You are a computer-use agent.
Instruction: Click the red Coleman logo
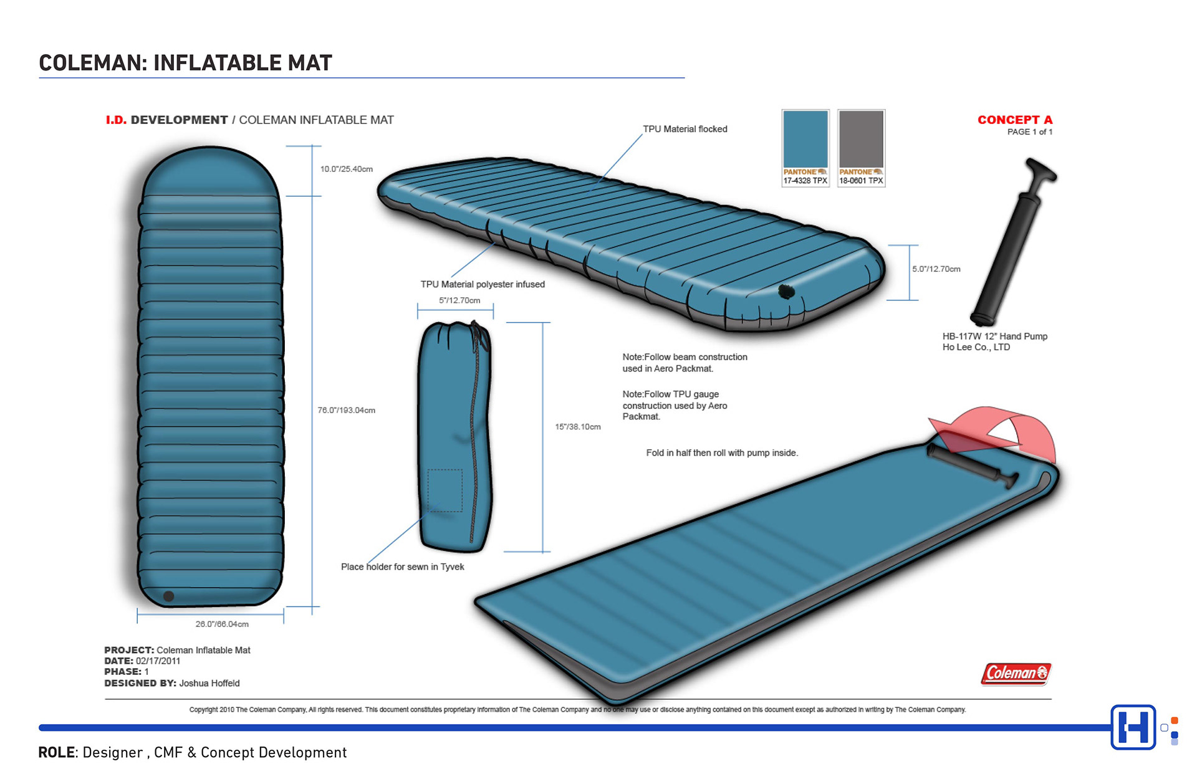click(1016, 673)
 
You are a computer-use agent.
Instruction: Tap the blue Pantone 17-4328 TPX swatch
click(805, 139)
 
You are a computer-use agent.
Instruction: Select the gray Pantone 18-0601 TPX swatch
click(861, 139)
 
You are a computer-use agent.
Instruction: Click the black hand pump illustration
click(1010, 243)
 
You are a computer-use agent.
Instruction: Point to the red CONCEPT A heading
click(1014, 120)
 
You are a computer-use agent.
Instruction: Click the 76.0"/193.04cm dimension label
click(346, 410)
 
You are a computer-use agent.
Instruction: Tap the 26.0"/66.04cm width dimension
click(222, 624)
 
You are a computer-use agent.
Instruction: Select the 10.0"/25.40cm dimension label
click(346, 169)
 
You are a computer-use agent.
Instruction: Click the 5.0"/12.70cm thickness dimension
click(936, 269)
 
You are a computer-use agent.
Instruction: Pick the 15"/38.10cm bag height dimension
click(577, 427)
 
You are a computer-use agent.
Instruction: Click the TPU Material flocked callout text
click(685, 129)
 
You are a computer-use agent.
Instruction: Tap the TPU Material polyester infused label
click(483, 284)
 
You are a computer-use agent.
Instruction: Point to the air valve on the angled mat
click(786, 291)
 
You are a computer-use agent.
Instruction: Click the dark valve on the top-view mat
click(168, 596)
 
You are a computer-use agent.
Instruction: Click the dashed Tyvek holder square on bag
click(445, 490)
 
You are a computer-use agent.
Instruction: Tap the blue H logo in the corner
click(1133, 727)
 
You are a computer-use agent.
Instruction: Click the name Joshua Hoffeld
click(209, 683)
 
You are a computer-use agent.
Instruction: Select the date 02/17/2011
click(158, 661)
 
